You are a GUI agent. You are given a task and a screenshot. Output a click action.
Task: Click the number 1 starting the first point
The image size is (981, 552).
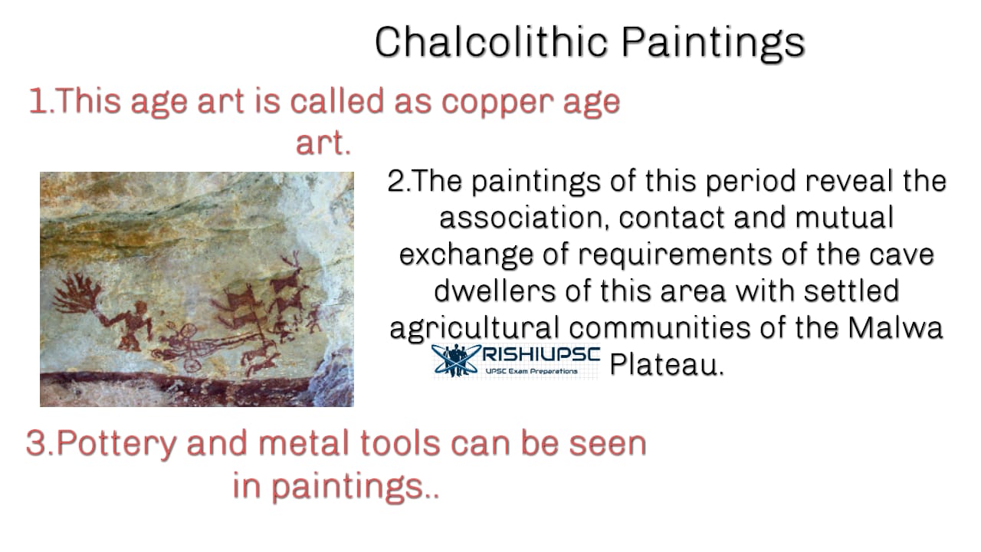[37, 101]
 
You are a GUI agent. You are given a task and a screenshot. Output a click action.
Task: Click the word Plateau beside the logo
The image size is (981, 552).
[667, 364]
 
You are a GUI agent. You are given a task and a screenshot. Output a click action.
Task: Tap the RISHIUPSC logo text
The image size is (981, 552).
[541, 356]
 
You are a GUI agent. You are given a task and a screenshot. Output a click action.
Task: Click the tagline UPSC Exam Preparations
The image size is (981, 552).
[531, 372]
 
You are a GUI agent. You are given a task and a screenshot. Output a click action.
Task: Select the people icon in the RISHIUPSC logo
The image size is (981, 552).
[455, 360]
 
